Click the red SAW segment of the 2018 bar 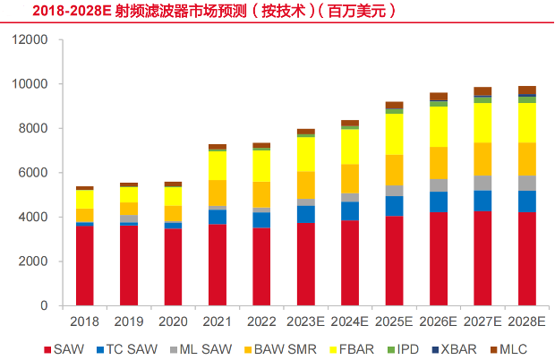click(85, 265)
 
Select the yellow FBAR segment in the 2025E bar click(394, 134)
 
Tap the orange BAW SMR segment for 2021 click(218, 193)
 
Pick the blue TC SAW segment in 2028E click(527, 201)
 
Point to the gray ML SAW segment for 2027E click(482, 183)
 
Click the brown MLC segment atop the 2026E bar click(439, 97)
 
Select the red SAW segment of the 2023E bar click(306, 264)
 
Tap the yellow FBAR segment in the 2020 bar click(173, 196)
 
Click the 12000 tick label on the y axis click(30, 39)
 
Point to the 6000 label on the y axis click(33, 173)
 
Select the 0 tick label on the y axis click(44, 305)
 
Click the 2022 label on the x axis click(261, 321)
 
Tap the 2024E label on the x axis click(350, 321)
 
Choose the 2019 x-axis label click(129, 321)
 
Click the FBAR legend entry click(352, 349)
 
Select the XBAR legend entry click(455, 349)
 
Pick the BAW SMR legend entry click(281, 349)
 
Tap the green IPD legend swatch click(391, 350)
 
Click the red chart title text click(214, 11)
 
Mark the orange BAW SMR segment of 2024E click(350, 179)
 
